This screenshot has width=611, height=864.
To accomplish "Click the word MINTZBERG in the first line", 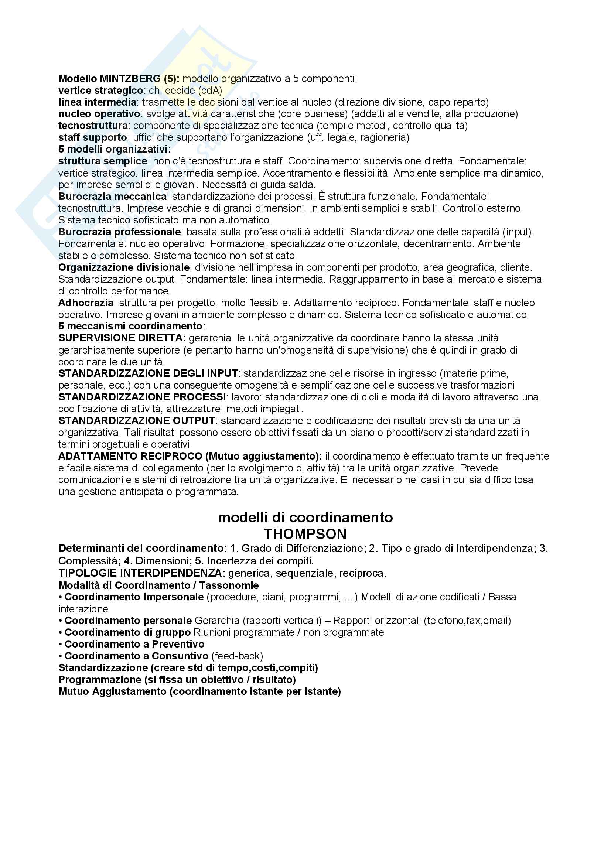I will click(130, 79).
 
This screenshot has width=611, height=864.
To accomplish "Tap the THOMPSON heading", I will click(305, 534).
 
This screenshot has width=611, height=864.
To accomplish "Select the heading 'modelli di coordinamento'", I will click(305, 518).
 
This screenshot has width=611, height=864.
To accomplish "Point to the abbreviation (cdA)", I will click(210, 90).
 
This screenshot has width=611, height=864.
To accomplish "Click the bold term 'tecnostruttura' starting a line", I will click(93, 125).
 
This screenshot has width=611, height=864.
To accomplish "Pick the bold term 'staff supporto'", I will click(93, 137).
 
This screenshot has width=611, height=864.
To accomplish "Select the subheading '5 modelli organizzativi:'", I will click(115, 149).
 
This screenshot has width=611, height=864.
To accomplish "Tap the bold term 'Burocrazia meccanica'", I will click(113, 197).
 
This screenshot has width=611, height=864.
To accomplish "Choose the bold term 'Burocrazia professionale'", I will click(120, 232).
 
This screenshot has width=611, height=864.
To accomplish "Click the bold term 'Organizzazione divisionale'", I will click(124, 267).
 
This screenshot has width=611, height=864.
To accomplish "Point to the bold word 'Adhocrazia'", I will click(86, 303).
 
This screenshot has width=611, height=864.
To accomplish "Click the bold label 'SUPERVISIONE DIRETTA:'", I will click(122, 338).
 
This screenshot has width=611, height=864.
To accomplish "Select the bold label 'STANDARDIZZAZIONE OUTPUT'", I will click(137, 420).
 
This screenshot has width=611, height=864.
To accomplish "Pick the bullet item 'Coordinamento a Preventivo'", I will click(134, 644).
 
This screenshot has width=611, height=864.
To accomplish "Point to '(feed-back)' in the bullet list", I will click(237, 656).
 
